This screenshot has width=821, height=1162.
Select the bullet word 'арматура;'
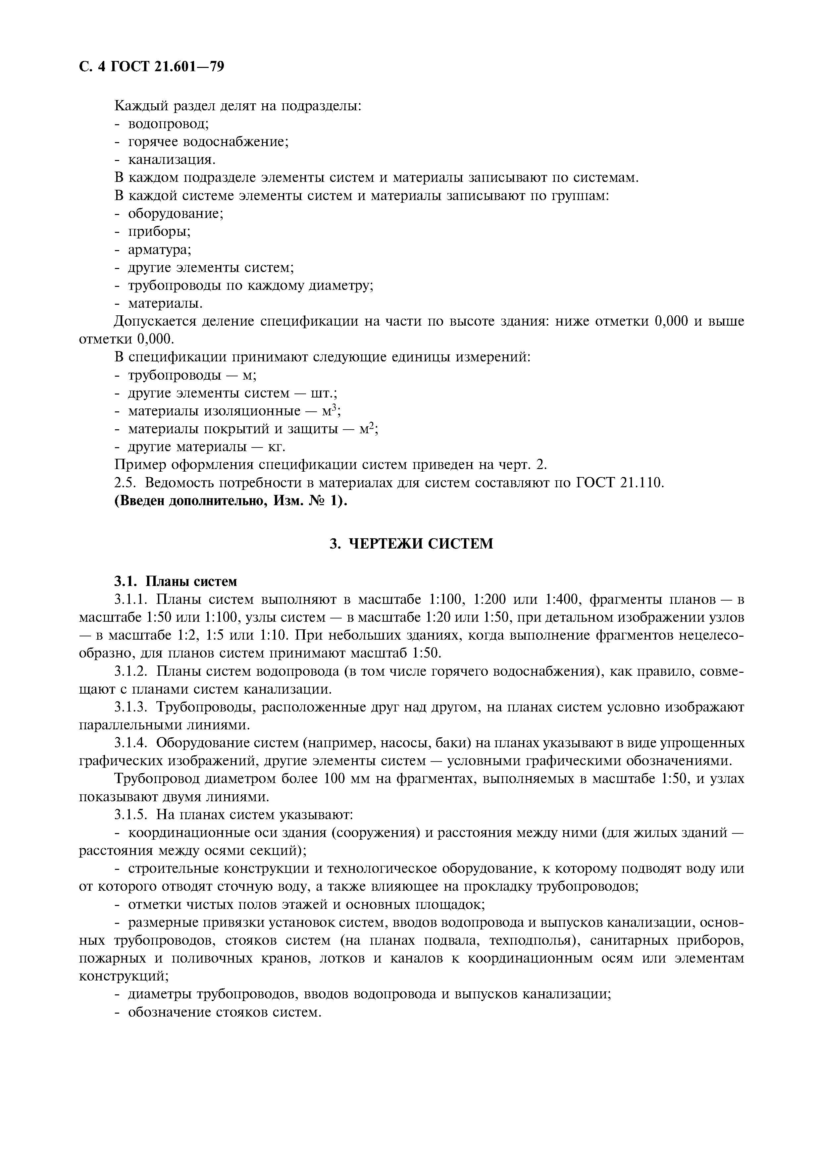[x=159, y=249]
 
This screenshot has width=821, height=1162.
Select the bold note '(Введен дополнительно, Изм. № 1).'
[x=231, y=501]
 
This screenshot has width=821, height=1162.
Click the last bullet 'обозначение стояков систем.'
[x=225, y=1012]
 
